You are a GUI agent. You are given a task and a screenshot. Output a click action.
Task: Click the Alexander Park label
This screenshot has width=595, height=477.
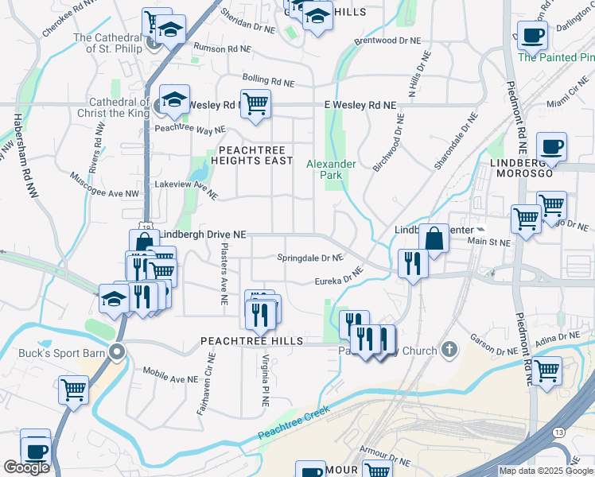332,169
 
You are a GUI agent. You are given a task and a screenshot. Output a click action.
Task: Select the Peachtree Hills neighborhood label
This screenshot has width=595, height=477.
251,340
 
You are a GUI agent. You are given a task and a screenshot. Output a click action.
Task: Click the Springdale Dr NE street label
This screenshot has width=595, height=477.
309,258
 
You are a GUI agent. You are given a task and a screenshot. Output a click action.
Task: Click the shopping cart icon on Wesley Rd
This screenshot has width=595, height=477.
255,103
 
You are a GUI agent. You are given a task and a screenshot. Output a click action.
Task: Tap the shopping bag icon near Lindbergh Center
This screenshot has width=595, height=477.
434,237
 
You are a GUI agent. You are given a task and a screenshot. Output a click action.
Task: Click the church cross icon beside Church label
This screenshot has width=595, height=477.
450,350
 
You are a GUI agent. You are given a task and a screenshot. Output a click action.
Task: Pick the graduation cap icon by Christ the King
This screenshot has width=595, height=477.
174,100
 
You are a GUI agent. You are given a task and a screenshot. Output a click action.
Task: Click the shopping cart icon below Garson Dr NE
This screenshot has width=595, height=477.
546,370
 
